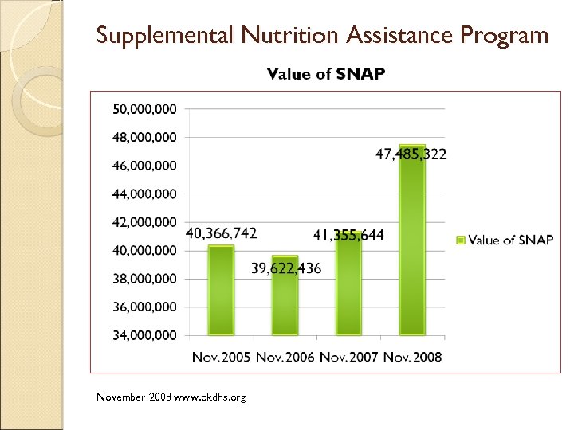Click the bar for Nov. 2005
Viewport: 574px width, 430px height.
point(222,290)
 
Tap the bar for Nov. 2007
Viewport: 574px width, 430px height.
point(348,283)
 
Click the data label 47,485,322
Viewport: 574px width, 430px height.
point(411,154)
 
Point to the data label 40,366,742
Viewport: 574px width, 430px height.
point(222,233)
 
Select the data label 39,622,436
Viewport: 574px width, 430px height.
point(286,268)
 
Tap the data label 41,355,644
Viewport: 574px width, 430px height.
point(348,234)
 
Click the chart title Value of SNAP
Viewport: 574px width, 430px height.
point(326,74)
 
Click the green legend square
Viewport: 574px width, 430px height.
point(460,240)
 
